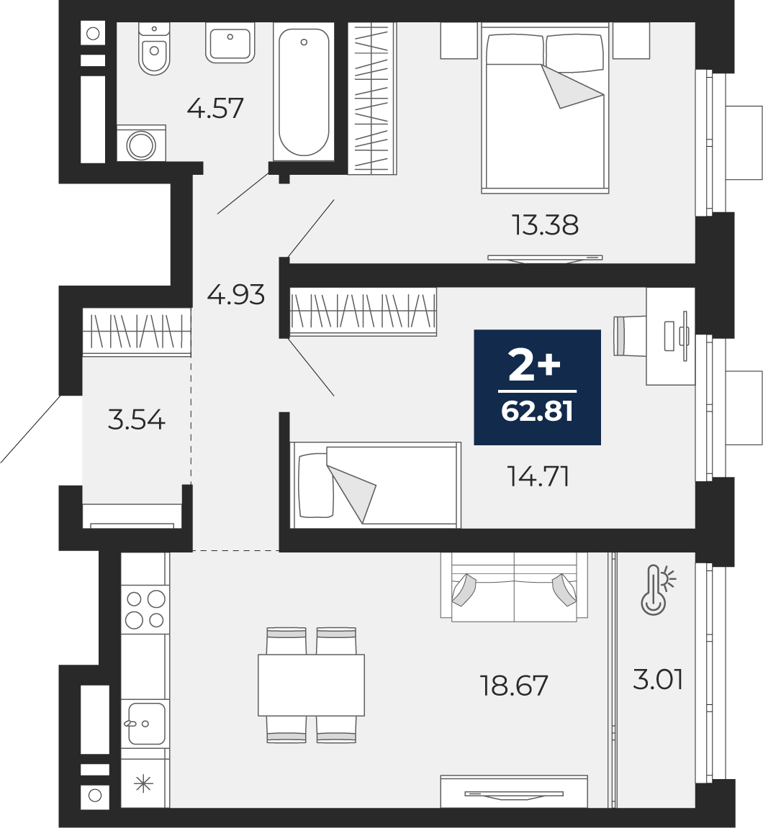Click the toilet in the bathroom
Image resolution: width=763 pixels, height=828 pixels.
click(x=154, y=48)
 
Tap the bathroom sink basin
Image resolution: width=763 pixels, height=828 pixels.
click(x=230, y=42)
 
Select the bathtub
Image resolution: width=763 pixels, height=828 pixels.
click(x=304, y=91)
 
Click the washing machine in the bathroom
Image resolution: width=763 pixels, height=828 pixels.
click(x=141, y=143)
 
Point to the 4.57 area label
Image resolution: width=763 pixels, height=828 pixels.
click(x=215, y=108)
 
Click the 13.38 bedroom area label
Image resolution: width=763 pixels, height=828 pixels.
click(x=545, y=225)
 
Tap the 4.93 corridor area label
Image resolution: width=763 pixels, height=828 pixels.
click(x=235, y=295)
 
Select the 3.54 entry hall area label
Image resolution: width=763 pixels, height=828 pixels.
click(x=136, y=420)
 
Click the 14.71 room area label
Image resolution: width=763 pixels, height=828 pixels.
click(x=538, y=476)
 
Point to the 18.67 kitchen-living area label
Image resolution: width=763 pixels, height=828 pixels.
click(x=514, y=686)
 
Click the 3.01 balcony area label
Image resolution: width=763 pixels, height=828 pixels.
click(x=658, y=679)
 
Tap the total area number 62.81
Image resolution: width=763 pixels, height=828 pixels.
click(x=537, y=411)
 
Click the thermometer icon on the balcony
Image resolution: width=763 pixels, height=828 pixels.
click(x=658, y=591)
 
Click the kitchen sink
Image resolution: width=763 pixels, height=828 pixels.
click(x=145, y=724)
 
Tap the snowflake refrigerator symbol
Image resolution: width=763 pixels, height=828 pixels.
click(x=143, y=783)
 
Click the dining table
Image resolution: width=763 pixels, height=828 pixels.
click(x=311, y=686)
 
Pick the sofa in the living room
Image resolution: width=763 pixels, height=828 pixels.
click(x=514, y=587)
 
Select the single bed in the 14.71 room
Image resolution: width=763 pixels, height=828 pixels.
click(x=375, y=485)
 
